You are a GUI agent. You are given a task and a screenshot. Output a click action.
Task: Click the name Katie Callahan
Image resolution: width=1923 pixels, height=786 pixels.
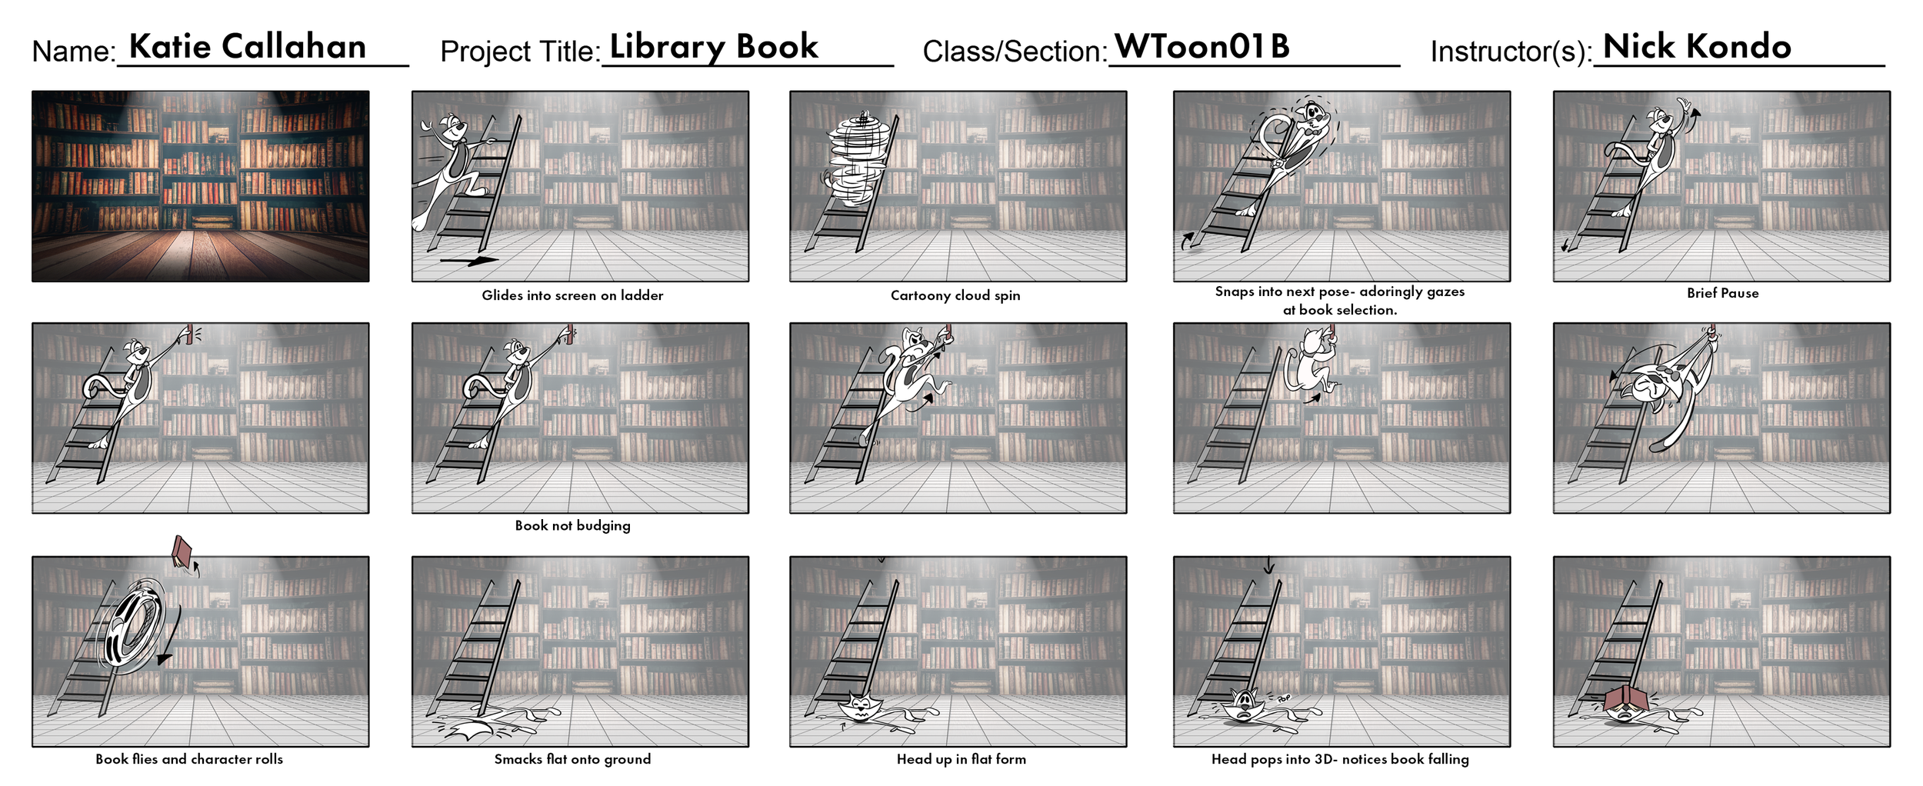247,47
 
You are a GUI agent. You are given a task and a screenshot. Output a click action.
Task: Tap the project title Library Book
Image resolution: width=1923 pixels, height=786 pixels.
713,47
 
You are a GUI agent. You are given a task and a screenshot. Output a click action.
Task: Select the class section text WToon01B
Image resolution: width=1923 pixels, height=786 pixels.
1201,47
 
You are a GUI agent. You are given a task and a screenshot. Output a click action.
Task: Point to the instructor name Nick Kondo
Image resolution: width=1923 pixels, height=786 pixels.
1696,47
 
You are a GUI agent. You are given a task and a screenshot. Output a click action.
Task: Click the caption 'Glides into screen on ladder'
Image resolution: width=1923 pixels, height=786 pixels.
572,295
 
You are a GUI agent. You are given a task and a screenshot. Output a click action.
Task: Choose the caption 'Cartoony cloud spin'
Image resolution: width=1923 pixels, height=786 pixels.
955,295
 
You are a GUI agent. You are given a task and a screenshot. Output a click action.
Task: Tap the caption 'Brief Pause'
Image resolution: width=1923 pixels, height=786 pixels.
1722,293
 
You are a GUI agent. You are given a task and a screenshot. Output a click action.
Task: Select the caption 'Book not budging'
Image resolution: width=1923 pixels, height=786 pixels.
572,525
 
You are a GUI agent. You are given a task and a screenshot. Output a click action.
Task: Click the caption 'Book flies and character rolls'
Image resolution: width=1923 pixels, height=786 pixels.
189,759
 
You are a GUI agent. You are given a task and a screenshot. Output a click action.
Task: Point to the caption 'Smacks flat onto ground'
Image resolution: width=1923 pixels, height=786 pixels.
572,759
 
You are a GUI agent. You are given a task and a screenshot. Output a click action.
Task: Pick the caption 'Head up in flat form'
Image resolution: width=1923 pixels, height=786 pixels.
961,759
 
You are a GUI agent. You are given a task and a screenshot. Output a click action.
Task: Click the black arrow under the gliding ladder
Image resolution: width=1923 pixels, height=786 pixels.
468,261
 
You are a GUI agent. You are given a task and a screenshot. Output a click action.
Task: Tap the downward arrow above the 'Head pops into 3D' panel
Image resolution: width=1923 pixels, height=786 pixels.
1268,568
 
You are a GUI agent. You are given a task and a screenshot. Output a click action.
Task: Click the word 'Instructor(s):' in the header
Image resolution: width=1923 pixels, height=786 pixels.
1510,52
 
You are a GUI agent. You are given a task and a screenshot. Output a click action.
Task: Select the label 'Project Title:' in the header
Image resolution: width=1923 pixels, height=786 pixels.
520,52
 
